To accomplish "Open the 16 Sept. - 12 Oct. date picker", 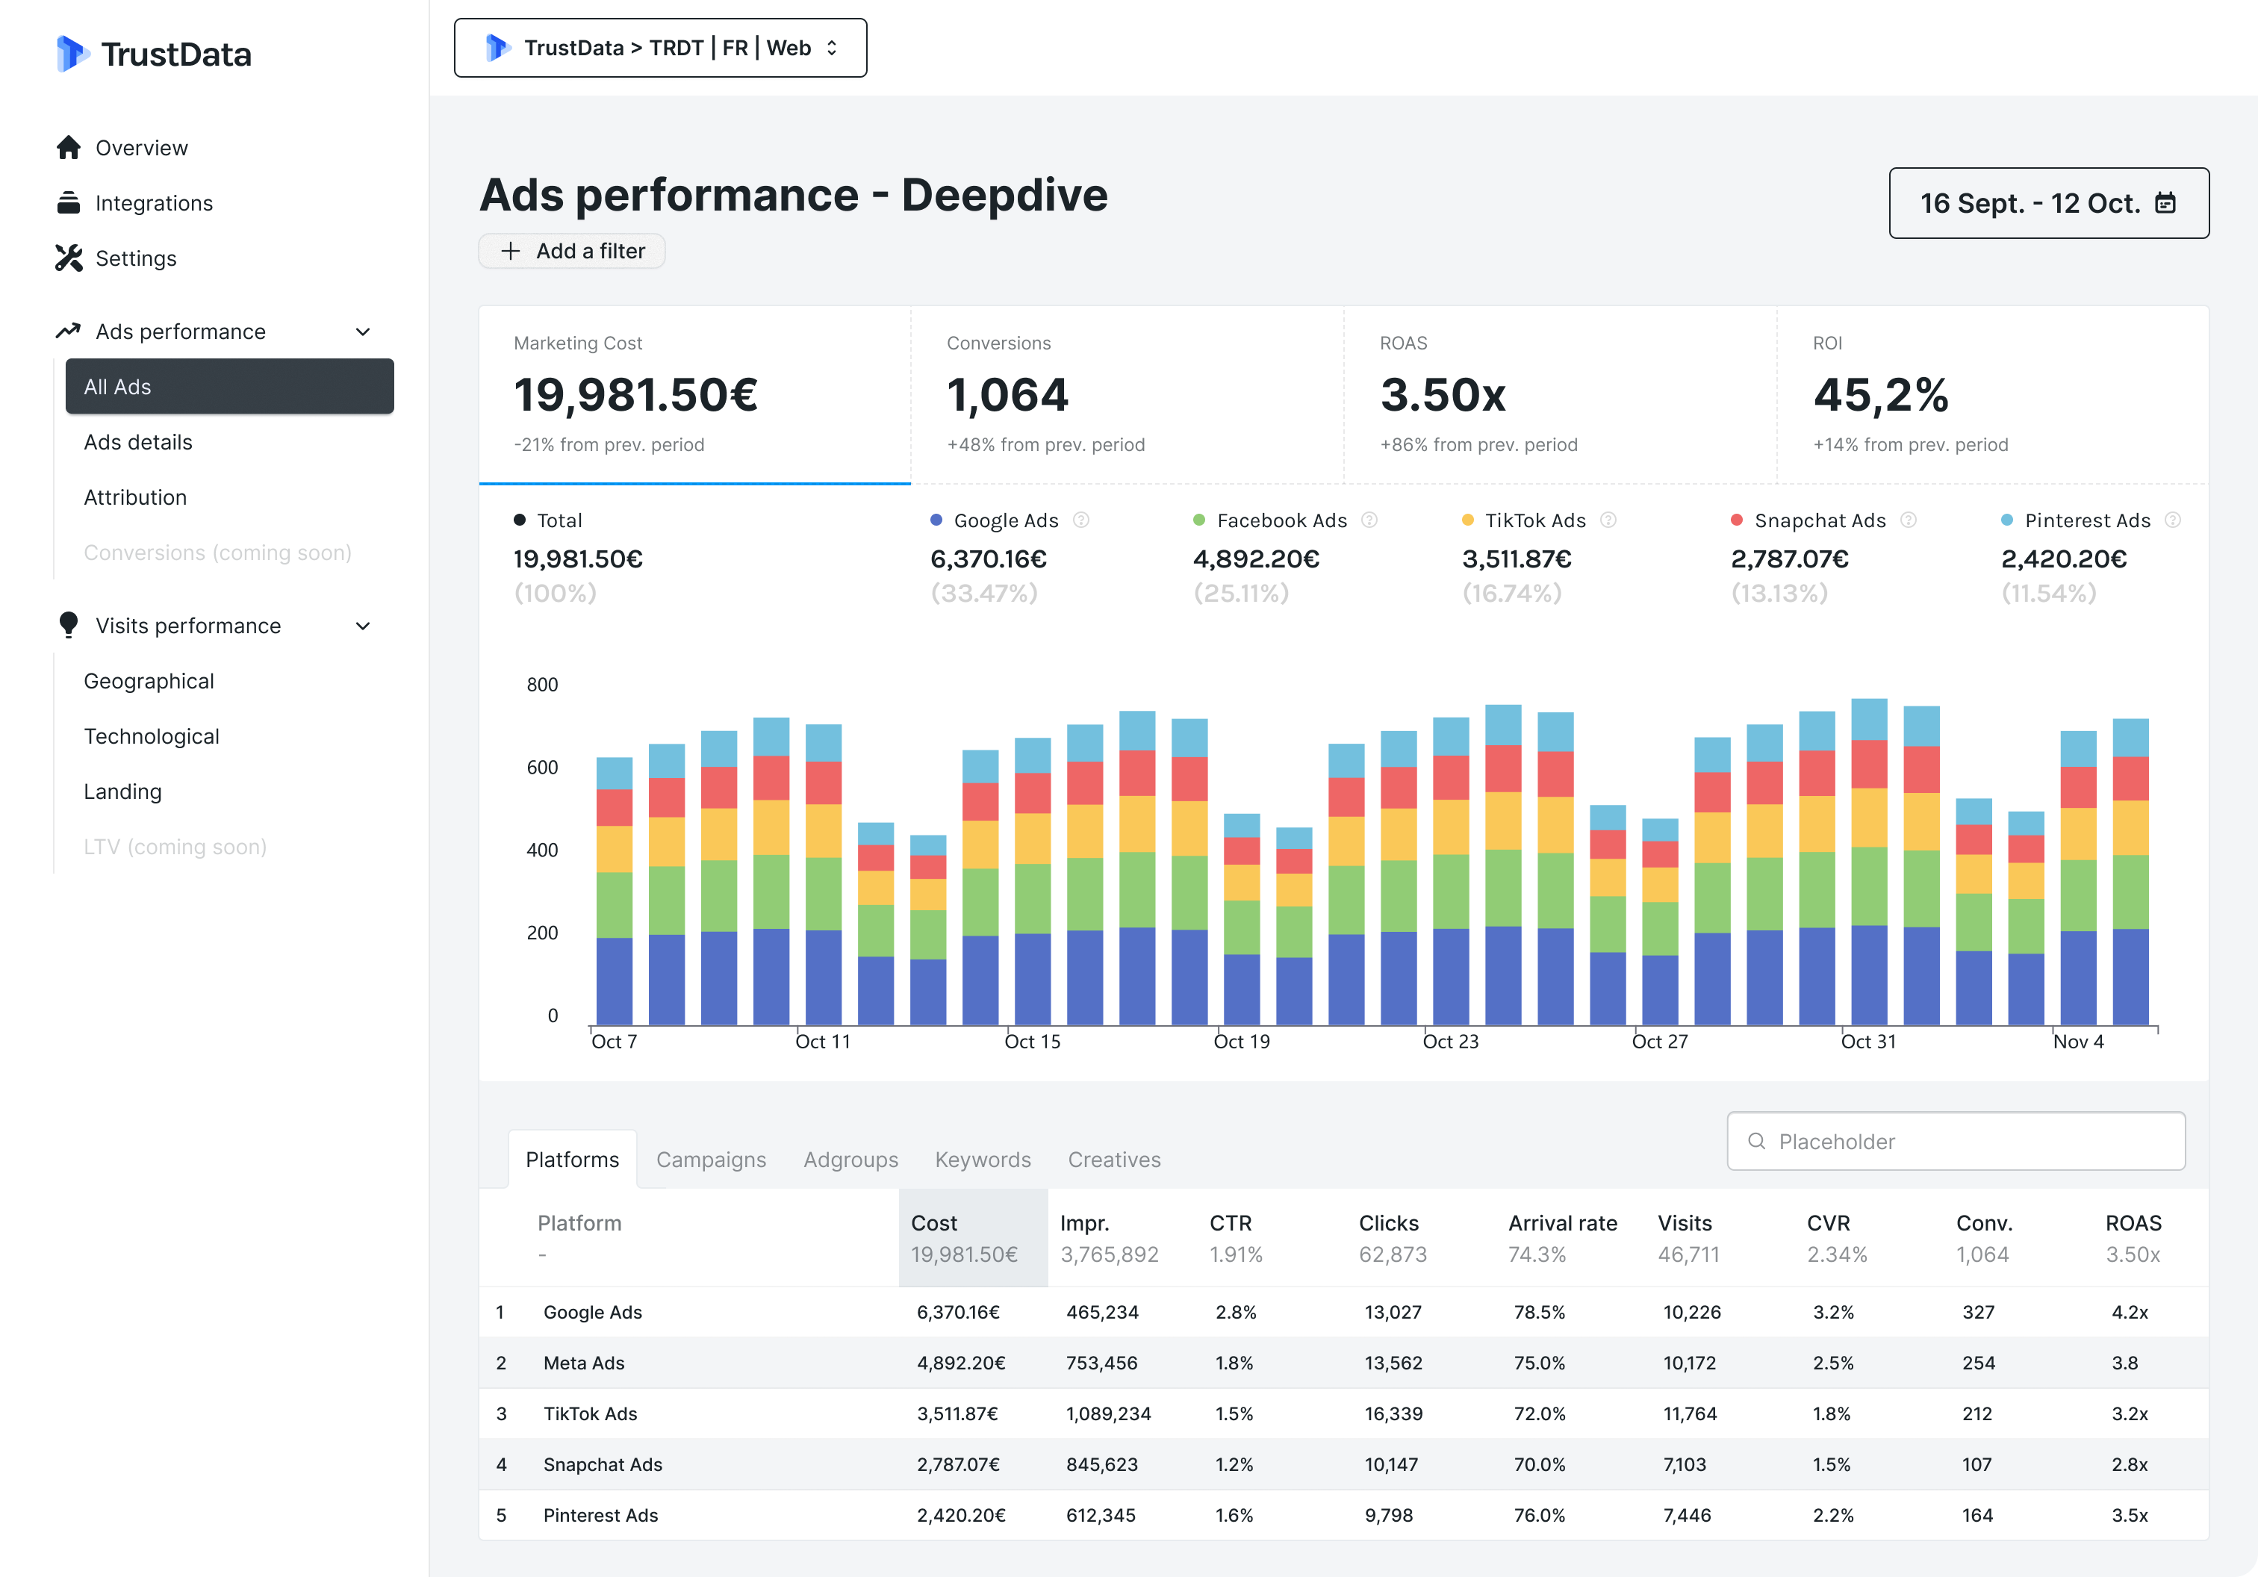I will [2047, 204].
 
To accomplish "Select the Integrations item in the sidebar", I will [153, 204].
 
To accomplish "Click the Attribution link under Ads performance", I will [134, 497].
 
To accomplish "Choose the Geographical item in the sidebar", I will [149, 681].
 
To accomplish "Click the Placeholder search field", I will [1955, 1142].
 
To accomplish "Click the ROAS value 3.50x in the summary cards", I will [1443, 395].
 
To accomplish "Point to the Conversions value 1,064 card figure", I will [1007, 395].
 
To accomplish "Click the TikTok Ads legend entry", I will [1534, 520].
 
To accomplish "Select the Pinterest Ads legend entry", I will [2086, 520].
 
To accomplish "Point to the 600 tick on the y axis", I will [542, 767].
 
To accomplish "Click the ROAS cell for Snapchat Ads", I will [2129, 1464].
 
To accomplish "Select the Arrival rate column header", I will [1562, 1223].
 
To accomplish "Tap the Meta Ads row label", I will [584, 1363].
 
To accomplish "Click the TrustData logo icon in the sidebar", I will [72, 54].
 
